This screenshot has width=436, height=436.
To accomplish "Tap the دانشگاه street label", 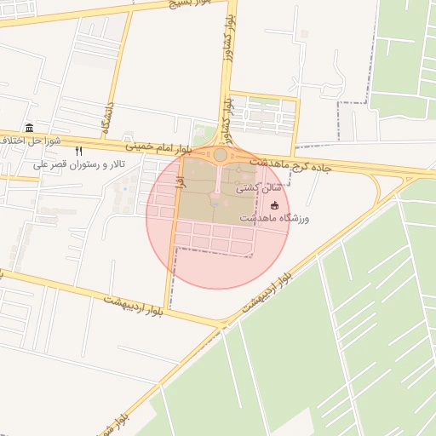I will (x=107, y=120).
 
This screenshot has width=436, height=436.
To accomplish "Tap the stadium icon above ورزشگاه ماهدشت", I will (x=273, y=205).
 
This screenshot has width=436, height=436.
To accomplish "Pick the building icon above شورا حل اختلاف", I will (x=30, y=128).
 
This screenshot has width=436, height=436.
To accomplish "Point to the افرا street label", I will (x=181, y=180).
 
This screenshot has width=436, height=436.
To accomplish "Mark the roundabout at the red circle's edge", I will (x=220, y=155).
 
